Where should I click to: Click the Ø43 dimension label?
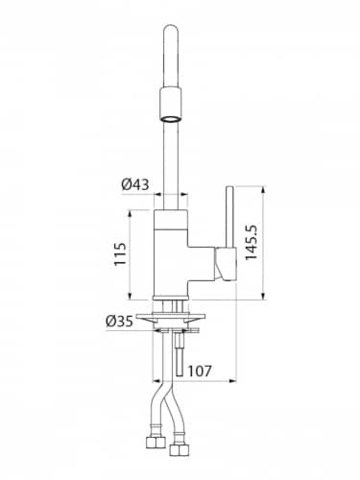click(135, 184)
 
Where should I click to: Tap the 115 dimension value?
click(121, 254)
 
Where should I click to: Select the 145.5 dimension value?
click(252, 242)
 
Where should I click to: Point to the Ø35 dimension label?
click(119, 321)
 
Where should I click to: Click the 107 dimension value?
click(200, 371)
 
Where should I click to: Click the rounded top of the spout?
click(171, 29)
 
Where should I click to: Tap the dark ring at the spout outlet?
click(171, 119)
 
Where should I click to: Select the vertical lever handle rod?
click(229, 217)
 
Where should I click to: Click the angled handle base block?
click(226, 264)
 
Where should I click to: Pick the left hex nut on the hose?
click(156, 443)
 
